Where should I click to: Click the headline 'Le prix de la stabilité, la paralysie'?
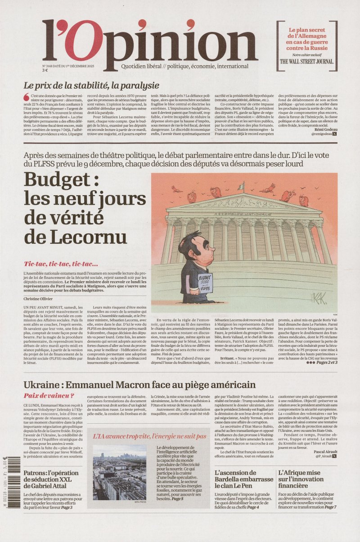[91, 85]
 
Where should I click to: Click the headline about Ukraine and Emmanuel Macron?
[139, 385]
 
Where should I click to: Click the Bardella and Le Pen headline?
[243, 479]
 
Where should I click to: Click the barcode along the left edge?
[5, 468]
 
